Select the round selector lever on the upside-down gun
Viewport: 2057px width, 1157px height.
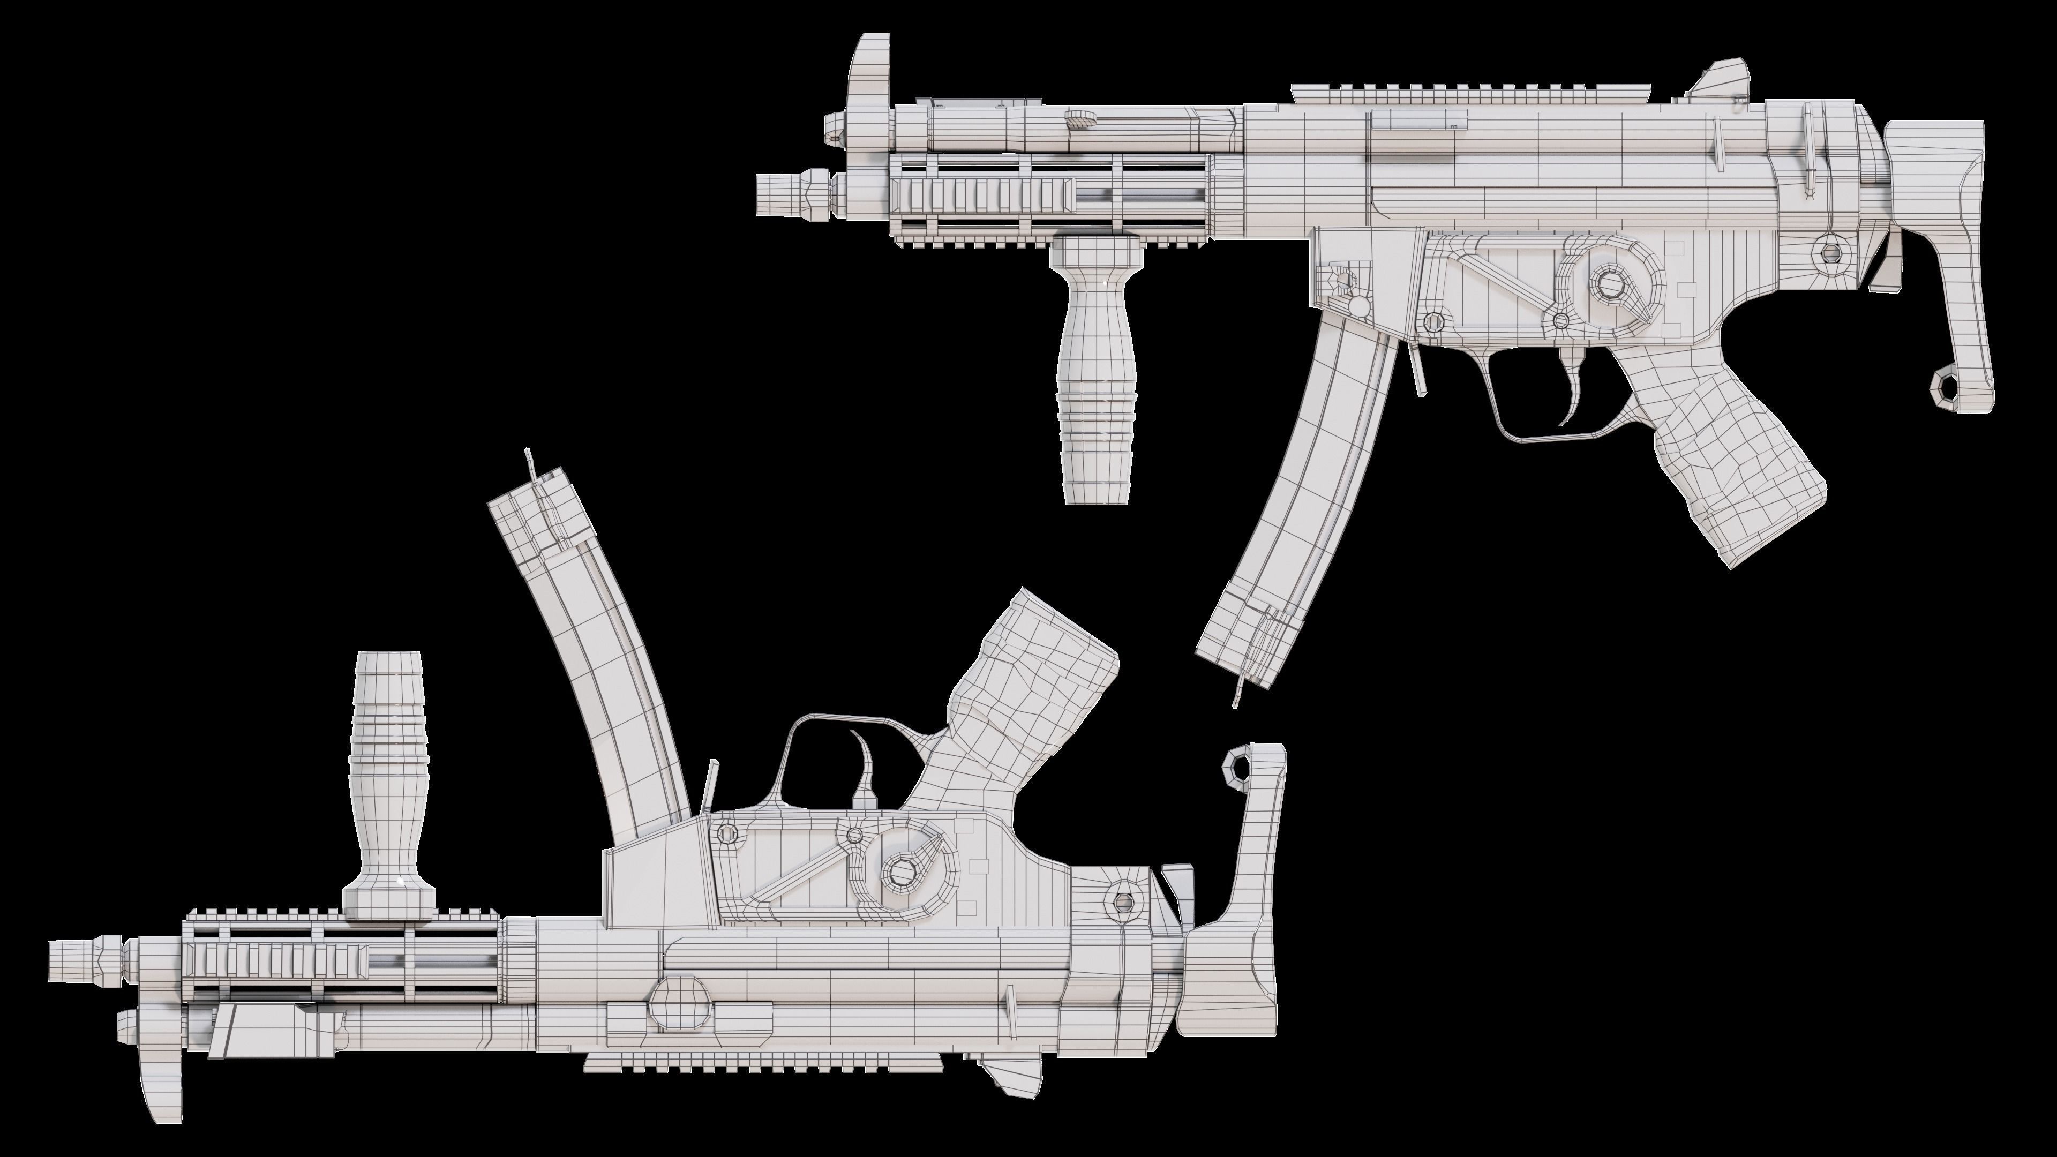(902, 870)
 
